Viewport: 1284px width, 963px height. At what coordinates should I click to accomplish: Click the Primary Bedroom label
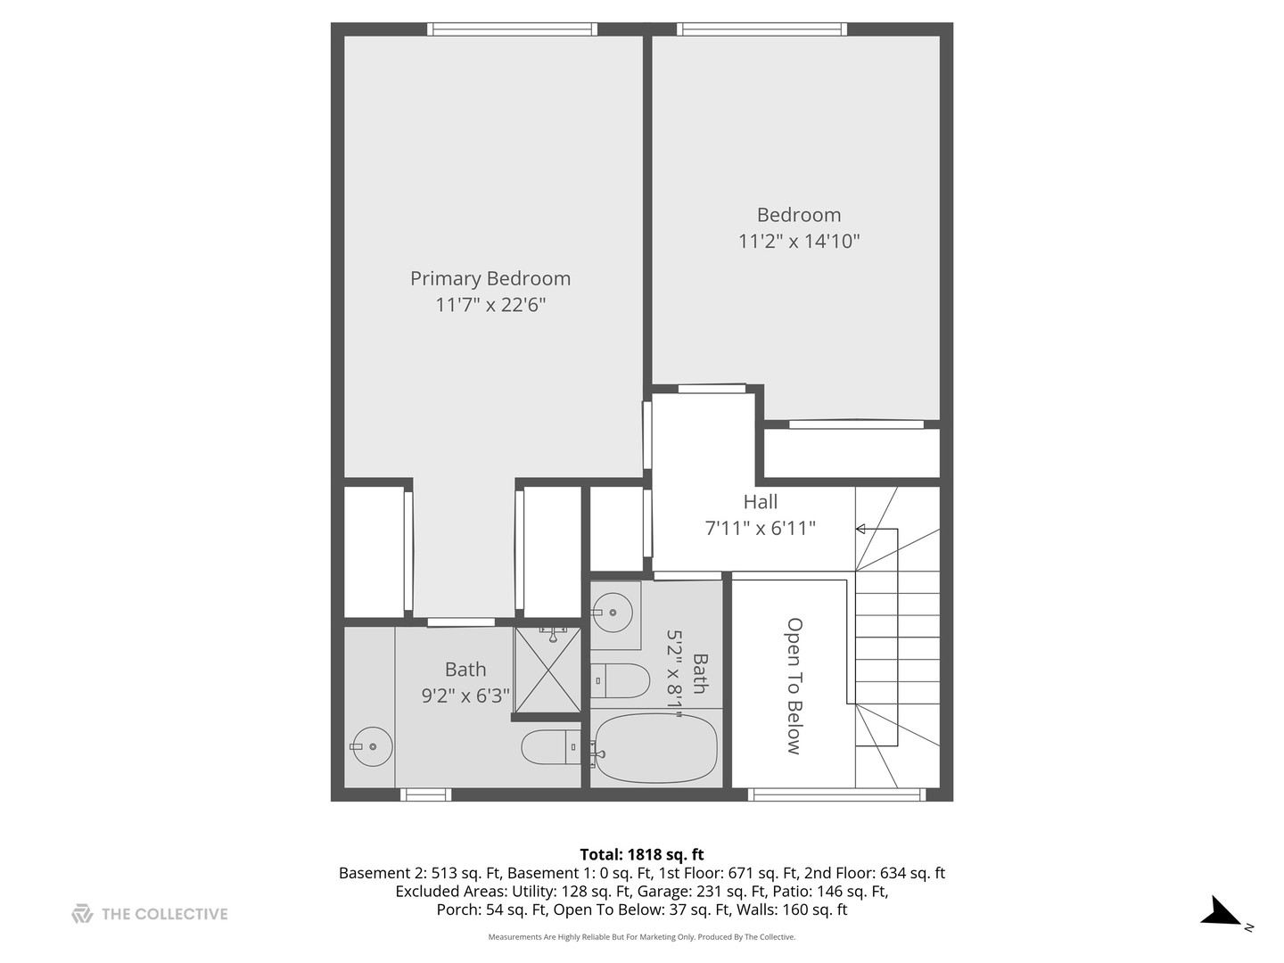(x=490, y=278)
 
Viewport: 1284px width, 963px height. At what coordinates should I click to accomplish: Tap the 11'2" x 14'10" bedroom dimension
(x=798, y=241)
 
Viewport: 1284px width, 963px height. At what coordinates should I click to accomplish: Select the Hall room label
(x=760, y=502)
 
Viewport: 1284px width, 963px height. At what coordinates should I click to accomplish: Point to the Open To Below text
(x=794, y=686)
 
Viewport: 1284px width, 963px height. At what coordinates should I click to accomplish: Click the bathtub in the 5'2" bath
(x=655, y=750)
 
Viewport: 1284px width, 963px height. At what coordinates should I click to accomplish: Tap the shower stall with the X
(x=547, y=671)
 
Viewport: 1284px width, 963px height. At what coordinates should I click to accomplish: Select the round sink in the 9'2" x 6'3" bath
(x=371, y=746)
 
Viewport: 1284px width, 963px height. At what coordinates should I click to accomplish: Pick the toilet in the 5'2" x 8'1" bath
(x=621, y=681)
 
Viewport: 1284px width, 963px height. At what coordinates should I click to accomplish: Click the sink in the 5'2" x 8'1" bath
(x=613, y=613)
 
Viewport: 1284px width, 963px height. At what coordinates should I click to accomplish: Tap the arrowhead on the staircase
(x=860, y=529)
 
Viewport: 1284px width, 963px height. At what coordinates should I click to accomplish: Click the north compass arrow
(x=1221, y=912)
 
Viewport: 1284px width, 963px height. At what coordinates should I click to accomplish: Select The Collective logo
(x=150, y=914)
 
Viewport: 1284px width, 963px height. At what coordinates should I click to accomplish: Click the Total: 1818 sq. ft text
(x=641, y=854)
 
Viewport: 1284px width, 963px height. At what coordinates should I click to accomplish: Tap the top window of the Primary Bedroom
(x=512, y=29)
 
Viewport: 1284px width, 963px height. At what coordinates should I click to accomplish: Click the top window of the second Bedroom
(x=761, y=29)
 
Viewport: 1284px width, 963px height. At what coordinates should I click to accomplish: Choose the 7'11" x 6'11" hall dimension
(x=760, y=528)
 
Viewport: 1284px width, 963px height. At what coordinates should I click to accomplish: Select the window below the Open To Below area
(x=835, y=794)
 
